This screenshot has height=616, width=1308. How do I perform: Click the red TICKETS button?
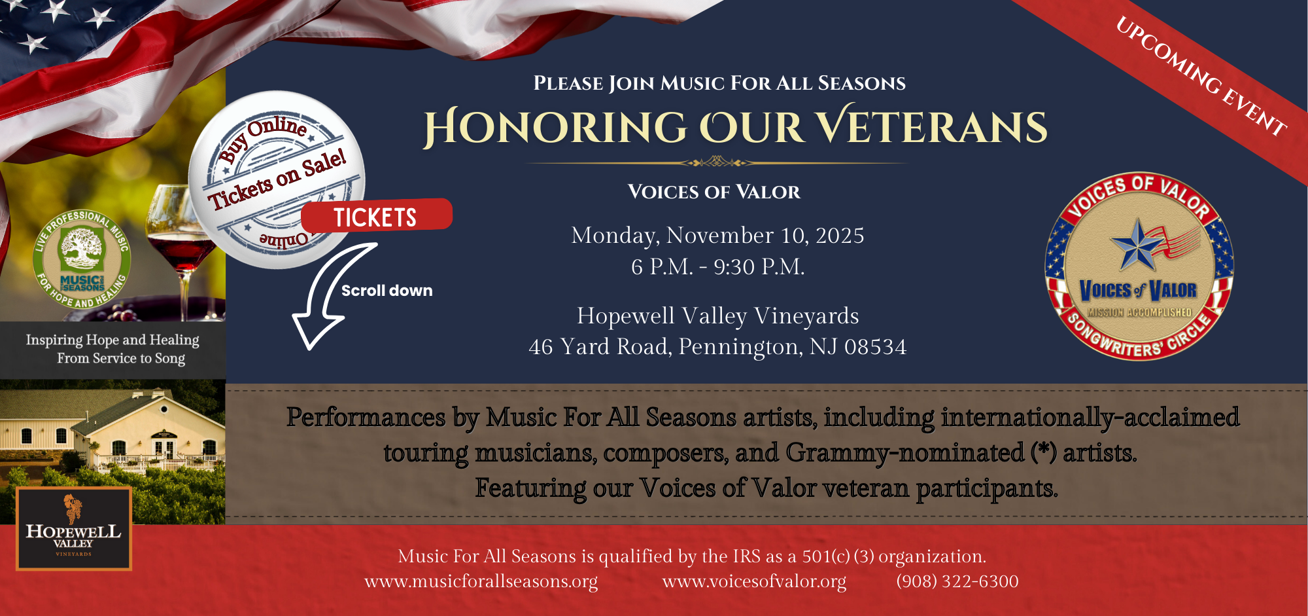pyautogui.click(x=376, y=217)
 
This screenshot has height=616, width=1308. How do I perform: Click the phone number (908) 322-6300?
pyautogui.click(x=957, y=581)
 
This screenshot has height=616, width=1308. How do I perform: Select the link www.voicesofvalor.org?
pyautogui.click(x=754, y=581)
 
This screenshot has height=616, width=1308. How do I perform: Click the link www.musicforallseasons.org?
pyautogui.click(x=481, y=581)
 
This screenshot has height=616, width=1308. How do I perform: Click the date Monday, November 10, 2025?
pyautogui.click(x=717, y=235)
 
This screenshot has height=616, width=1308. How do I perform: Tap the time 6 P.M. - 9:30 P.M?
pyautogui.click(x=717, y=266)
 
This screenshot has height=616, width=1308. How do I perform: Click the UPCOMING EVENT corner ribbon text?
pyautogui.click(x=1201, y=77)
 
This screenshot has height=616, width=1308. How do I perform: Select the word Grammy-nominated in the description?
pyautogui.click(x=905, y=452)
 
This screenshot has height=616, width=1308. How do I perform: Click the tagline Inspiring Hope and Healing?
pyautogui.click(x=112, y=340)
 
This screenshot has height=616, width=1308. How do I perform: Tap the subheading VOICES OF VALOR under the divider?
pyautogui.click(x=714, y=192)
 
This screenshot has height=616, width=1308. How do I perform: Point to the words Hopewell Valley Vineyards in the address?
pyautogui.click(x=717, y=316)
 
